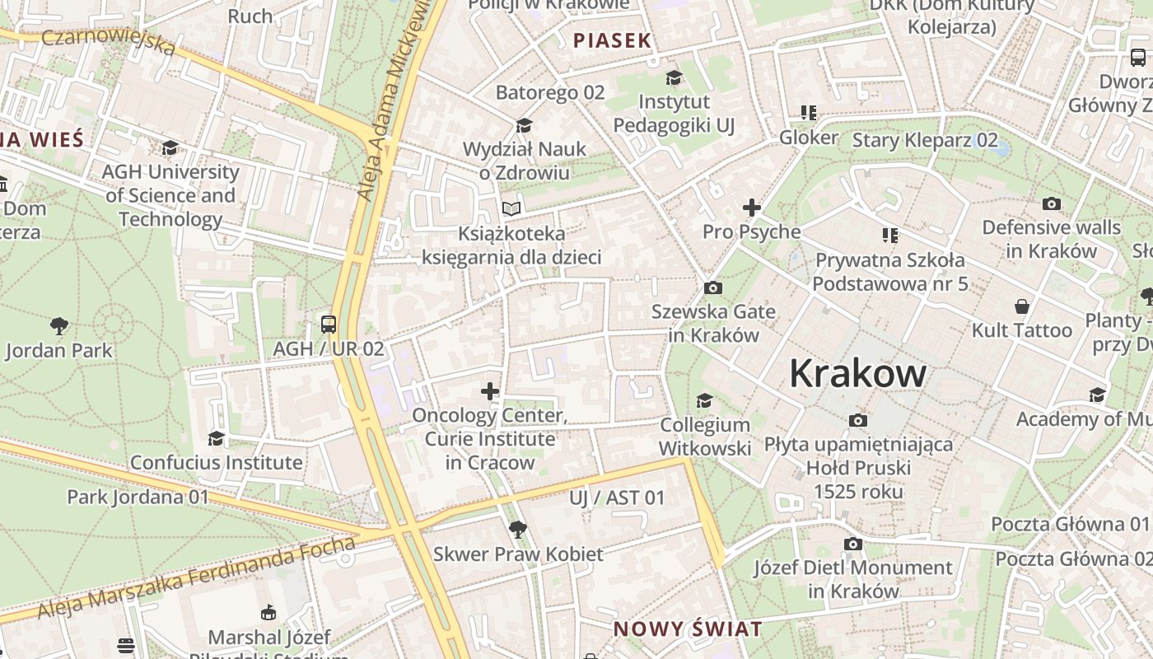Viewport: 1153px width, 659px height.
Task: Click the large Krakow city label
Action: [x=857, y=374]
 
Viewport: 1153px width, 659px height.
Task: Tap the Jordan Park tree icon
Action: [x=58, y=326]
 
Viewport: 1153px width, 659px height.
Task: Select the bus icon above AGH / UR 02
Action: [x=329, y=324]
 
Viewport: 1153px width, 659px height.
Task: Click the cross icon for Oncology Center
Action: [x=490, y=390]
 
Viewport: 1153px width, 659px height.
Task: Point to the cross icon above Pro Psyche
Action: [x=751, y=208]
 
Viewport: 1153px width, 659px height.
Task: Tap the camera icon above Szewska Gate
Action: [x=713, y=287]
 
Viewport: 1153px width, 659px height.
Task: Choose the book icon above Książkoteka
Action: [x=511, y=209]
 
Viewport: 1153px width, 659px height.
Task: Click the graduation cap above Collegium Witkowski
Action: [x=704, y=400]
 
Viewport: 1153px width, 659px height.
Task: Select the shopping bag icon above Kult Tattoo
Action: [x=1021, y=306]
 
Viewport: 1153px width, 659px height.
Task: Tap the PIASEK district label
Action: [x=612, y=40]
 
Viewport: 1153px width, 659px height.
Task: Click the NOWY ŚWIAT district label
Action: [x=688, y=629]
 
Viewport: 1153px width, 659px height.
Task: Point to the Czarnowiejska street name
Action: [x=108, y=41]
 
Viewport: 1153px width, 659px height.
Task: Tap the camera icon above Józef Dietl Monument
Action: [x=853, y=544]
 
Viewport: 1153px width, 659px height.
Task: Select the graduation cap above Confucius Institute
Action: [x=216, y=438]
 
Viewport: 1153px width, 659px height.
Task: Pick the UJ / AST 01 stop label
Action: [x=616, y=498]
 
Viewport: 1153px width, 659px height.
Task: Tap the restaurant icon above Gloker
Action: [x=808, y=113]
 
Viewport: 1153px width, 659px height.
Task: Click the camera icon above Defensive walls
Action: [x=1051, y=203]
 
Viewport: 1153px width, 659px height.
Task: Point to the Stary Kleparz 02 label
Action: [x=924, y=139]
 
